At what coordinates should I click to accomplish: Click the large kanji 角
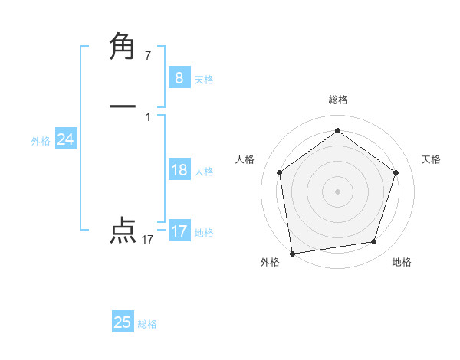pyautogui.click(x=123, y=47)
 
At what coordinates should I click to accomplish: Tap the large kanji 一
pyautogui.click(x=123, y=107)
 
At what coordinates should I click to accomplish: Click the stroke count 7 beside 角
pyautogui.click(x=148, y=56)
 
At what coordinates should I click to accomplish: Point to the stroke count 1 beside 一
pyautogui.click(x=148, y=116)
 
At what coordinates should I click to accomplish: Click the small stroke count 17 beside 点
pyautogui.click(x=148, y=240)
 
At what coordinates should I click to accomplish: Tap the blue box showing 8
pyautogui.click(x=179, y=77)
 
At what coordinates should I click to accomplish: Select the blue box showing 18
pyautogui.click(x=179, y=170)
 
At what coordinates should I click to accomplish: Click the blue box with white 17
pyautogui.click(x=179, y=231)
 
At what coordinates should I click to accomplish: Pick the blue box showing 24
pyautogui.click(x=65, y=139)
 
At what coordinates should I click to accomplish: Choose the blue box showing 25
pyautogui.click(x=123, y=322)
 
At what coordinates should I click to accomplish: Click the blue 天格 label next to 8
pyautogui.click(x=204, y=79)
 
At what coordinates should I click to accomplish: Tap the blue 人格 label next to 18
pyautogui.click(x=204, y=172)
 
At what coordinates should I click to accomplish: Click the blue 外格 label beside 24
pyautogui.click(x=41, y=141)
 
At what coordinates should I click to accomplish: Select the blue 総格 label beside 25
pyautogui.click(x=147, y=324)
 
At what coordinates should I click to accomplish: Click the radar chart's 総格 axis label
pyautogui.click(x=337, y=100)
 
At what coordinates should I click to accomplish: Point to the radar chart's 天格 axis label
pyautogui.click(x=432, y=159)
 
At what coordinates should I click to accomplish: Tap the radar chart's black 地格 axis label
pyautogui.click(x=402, y=262)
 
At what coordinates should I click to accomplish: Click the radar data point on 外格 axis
pyautogui.click(x=292, y=253)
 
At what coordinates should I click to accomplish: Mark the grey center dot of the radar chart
pyautogui.click(x=337, y=191)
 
